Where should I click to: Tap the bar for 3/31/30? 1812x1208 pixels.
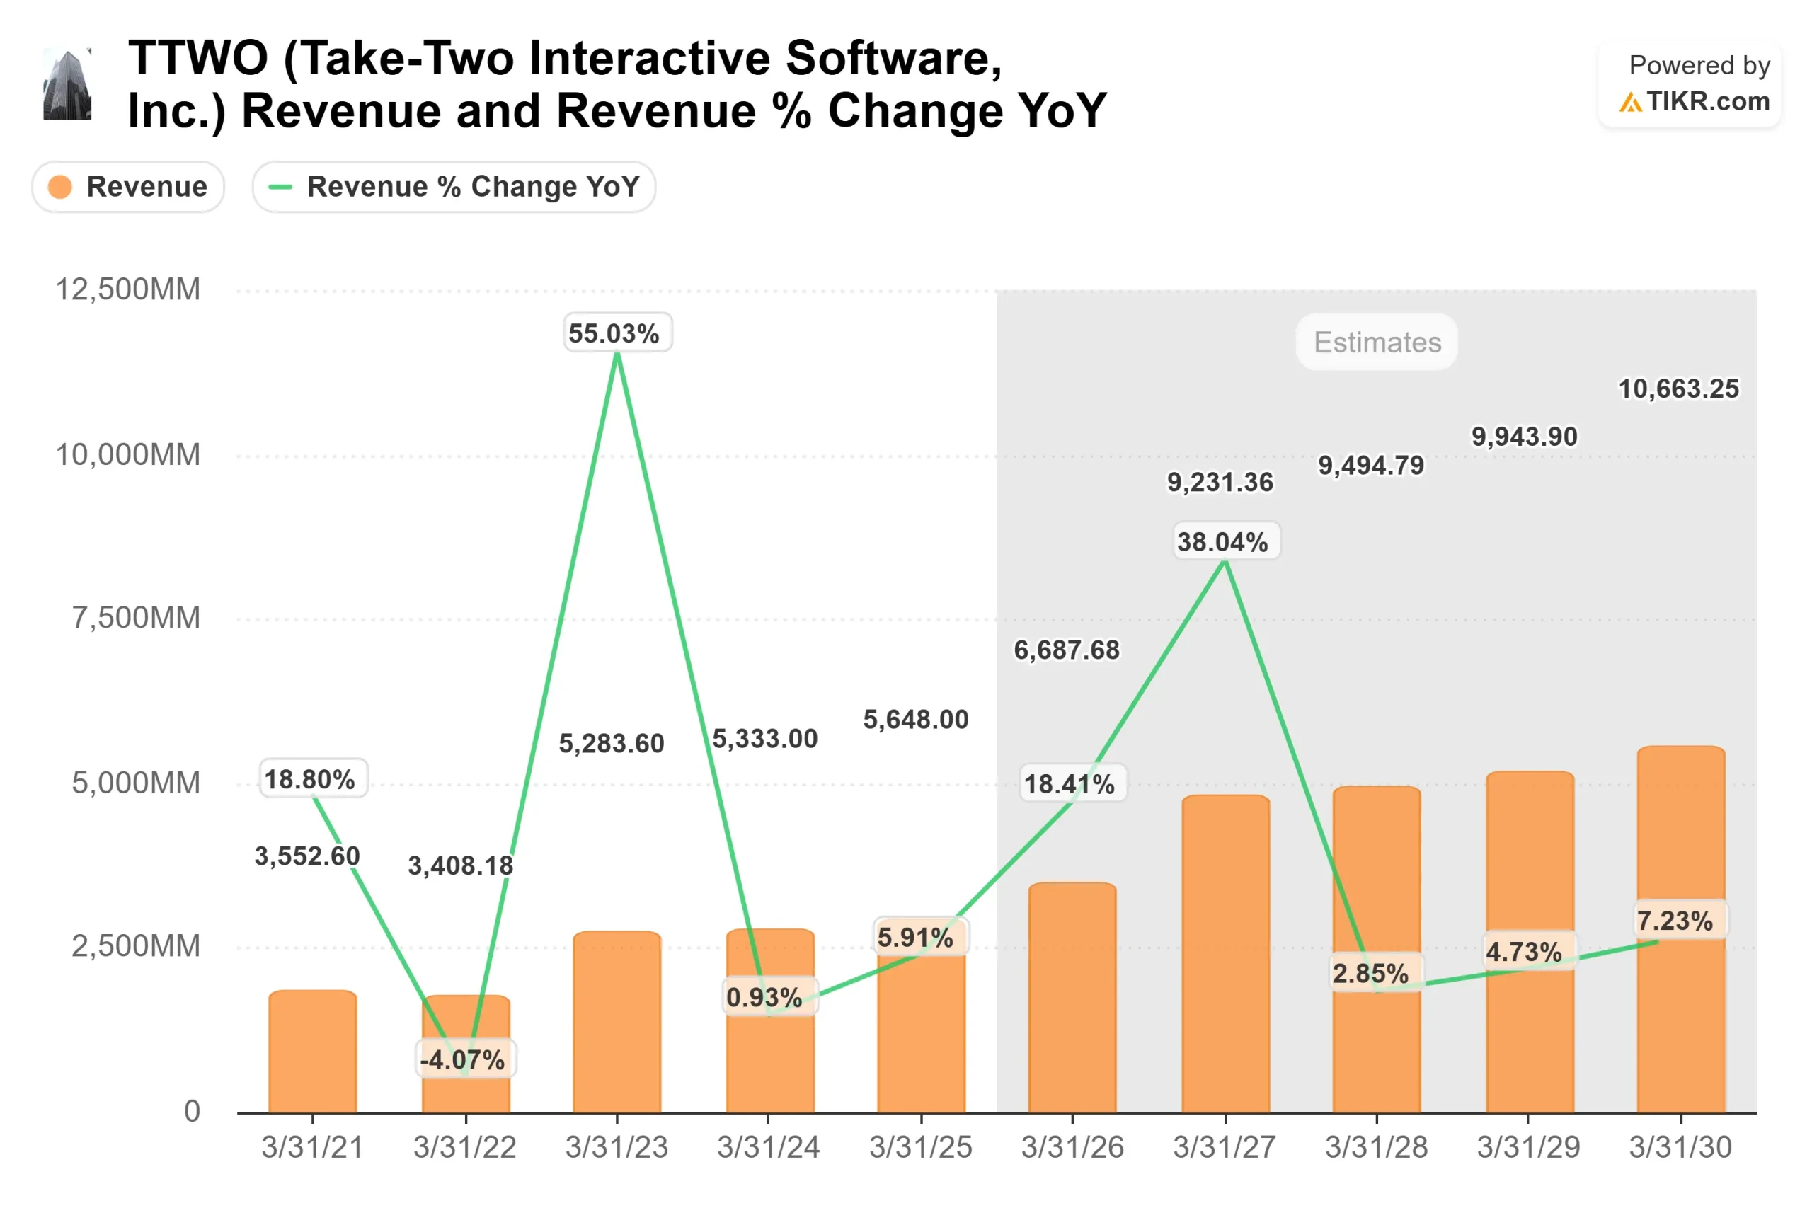1680,848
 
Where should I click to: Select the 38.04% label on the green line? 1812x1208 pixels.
1222,542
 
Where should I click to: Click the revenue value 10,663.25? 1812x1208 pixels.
1678,389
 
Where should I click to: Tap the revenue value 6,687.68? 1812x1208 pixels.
1066,650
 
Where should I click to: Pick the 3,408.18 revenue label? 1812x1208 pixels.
460,866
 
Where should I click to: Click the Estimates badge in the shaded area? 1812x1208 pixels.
1377,342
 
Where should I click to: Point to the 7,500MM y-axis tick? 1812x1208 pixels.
136,618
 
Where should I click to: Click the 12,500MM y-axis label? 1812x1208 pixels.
128,289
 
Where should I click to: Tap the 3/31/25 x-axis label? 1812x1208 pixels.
921,1148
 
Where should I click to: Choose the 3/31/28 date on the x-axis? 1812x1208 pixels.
1377,1148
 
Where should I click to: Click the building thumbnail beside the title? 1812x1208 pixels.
67,85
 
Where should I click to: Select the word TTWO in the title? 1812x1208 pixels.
198,59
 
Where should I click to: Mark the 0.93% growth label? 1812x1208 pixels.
764,998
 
